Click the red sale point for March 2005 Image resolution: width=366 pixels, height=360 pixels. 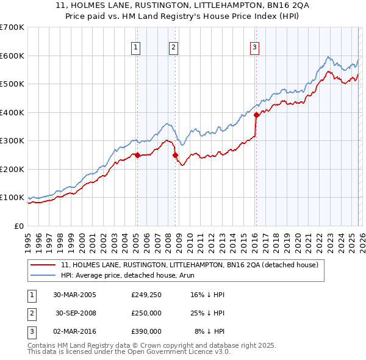(x=137, y=155)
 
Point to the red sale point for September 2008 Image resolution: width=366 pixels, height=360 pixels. (x=175, y=155)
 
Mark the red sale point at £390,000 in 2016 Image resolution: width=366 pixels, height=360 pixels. (x=256, y=115)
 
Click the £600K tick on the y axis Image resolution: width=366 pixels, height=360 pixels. (x=12, y=56)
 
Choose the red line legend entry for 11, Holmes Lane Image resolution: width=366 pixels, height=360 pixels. (x=189, y=265)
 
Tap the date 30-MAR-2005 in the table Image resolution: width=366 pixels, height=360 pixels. (x=74, y=295)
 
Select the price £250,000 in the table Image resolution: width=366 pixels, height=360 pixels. (x=146, y=313)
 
